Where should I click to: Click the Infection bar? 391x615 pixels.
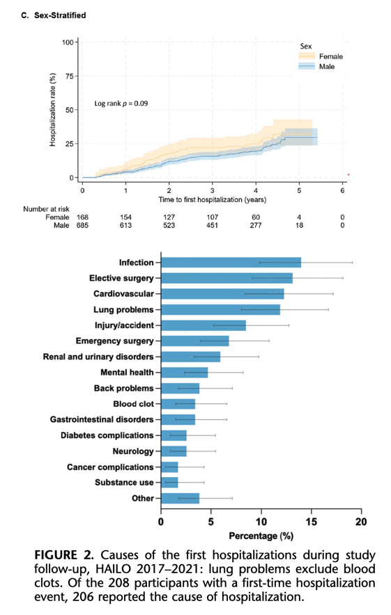(x=231, y=263)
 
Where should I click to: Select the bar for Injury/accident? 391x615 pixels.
(x=204, y=325)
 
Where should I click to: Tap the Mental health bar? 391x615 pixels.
(x=185, y=372)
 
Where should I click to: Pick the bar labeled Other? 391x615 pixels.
(x=181, y=498)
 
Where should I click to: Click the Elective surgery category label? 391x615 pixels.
(x=121, y=278)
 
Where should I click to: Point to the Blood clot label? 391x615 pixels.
(x=134, y=403)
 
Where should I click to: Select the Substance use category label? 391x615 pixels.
(x=124, y=483)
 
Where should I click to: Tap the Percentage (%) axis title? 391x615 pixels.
(x=261, y=536)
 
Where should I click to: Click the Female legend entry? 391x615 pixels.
(x=321, y=56)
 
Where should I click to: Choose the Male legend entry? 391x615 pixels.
(x=316, y=67)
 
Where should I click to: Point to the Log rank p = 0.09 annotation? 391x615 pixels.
(x=121, y=104)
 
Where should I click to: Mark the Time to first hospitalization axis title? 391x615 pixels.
(x=213, y=200)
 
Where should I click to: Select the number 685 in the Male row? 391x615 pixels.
(x=82, y=225)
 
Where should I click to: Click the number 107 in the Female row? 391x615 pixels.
(x=213, y=217)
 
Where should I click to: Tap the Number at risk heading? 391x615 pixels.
(x=46, y=209)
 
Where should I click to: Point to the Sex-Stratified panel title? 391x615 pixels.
(x=60, y=15)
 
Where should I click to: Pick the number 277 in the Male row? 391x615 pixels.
(x=256, y=225)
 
